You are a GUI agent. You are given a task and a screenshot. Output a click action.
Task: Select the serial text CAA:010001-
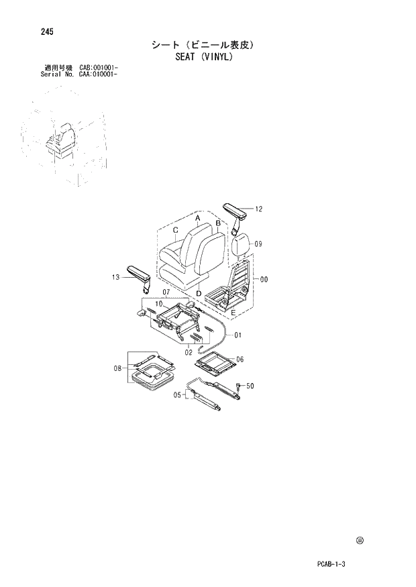[99, 74]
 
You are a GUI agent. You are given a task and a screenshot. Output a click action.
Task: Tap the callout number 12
[258, 209]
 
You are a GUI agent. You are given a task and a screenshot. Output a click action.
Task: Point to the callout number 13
[116, 276]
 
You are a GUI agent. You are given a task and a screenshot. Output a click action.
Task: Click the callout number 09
[258, 244]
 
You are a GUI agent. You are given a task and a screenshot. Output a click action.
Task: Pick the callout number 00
[264, 279]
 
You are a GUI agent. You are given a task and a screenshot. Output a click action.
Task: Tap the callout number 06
[240, 359]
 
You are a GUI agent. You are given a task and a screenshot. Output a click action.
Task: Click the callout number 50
[250, 387]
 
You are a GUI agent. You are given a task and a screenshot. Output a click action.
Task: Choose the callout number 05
[178, 395]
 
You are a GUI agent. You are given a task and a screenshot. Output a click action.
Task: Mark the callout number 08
[117, 368]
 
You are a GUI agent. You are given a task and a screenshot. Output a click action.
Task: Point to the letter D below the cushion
[199, 293]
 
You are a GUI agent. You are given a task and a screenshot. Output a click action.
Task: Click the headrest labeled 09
[243, 244]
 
